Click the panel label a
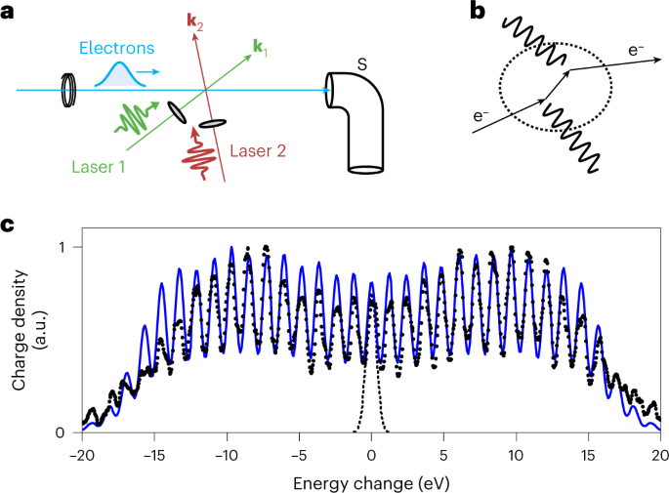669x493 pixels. pyautogui.click(x=8, y=12)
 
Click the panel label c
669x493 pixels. pyautogui.click(x=8, y=225)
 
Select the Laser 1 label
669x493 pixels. pyautogui.click(x=97, y=167)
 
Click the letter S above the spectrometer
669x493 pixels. pyautogui.click(x=361, y=63)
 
